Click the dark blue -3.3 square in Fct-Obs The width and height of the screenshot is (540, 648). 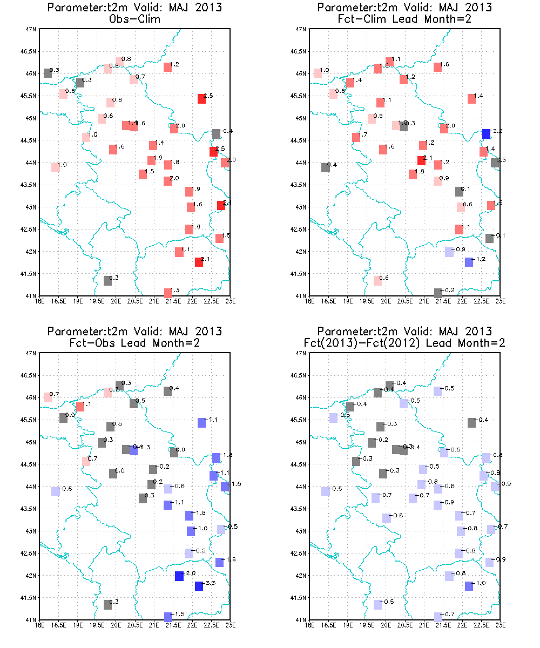point(199,586)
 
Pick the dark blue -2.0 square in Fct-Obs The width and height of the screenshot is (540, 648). point(179,576)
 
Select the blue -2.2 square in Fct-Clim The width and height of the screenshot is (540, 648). point(486,133)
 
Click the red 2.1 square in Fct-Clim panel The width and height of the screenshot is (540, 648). point(421,160)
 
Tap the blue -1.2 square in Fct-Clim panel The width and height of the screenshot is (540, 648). point(469,262)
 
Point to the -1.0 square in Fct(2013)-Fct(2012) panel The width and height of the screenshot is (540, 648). point(469,586)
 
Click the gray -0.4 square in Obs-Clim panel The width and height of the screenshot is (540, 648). point(216,133)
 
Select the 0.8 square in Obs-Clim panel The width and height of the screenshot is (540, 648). point(119,62)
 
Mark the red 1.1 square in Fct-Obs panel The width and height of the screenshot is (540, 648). point(80,407)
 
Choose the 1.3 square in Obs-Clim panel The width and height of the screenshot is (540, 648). point(168,292)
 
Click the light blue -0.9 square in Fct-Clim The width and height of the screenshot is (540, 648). point(449,252)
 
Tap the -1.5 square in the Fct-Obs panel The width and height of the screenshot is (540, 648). point(168,616)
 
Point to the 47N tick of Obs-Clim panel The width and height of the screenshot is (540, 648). point(31,29)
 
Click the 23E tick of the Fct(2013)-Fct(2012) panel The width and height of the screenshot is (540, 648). point(500,625)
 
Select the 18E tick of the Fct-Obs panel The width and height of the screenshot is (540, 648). point(39,625)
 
